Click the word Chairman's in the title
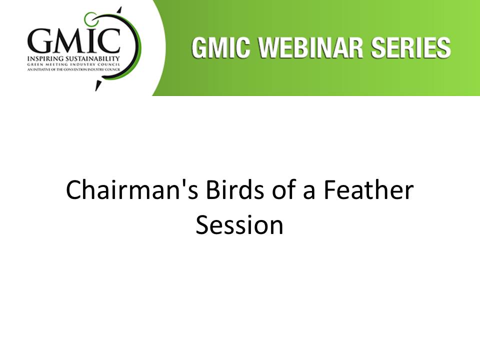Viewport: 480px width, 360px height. coord(132,190)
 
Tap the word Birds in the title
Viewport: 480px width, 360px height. coord(235,190)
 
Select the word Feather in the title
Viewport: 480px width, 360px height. coord(368,190)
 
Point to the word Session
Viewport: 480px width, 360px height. coord(239,225)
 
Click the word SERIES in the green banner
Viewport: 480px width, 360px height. coord(411,48)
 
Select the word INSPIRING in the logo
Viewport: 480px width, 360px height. coord(45,58)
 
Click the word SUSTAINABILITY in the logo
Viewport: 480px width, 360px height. coord(92,58)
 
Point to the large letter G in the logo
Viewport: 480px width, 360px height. coord(39,40)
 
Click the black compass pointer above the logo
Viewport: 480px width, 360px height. coord(119,10)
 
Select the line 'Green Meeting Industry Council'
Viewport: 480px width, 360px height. coord(73,65)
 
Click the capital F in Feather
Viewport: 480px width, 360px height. coord(330,190)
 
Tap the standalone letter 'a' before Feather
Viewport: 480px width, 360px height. coord(309,193)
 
